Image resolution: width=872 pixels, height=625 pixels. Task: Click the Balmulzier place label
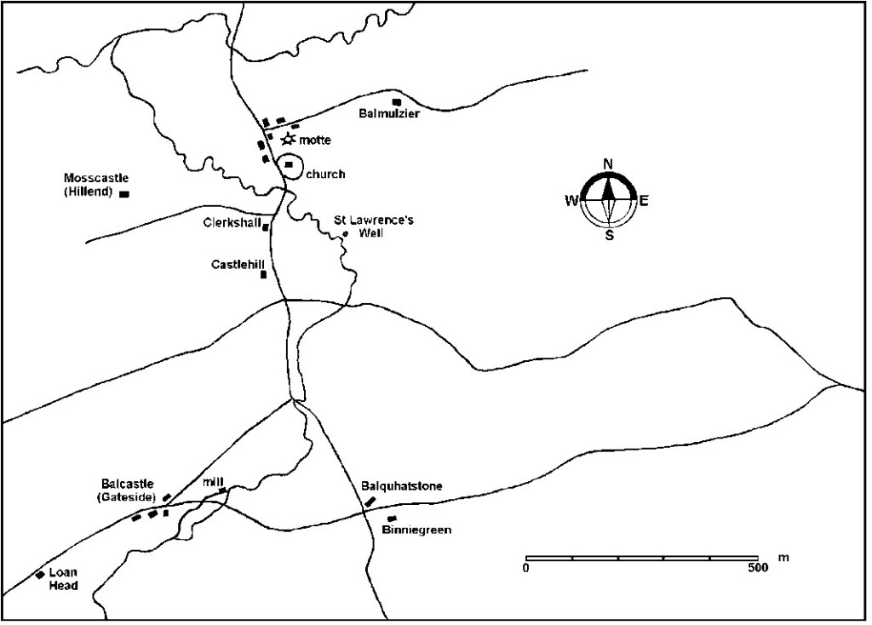[x=388, y=114]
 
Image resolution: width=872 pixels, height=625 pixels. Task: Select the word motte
[x=314, y=140]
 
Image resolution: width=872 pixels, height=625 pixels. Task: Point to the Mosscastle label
[x=96, y=178]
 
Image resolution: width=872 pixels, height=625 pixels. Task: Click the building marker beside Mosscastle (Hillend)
[x=123, y=194]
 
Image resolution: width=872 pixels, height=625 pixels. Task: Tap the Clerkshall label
[x=232, y=222]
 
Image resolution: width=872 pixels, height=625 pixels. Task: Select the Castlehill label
[x=236, y=265]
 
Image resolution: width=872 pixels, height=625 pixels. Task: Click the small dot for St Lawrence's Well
[x=345, y=233]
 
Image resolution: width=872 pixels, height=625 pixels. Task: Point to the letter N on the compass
[x=608, y=164]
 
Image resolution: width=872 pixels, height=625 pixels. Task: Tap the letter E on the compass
[x=644, y=201]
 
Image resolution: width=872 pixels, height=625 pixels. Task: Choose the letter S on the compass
[x=609, y=236]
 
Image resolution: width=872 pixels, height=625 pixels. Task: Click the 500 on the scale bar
[x=754, y=568]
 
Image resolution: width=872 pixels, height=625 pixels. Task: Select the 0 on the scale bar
[x=526, y=568]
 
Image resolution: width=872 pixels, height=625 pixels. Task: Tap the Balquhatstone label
[x=402, y=486]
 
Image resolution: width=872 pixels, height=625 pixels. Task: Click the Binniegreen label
[x=416, y=530]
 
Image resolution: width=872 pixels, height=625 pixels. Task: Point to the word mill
[x=213, y=481]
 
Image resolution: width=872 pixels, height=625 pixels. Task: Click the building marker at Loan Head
[x=40, y=576]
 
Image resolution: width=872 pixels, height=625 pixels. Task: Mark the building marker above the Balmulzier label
[x=395, y=102]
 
